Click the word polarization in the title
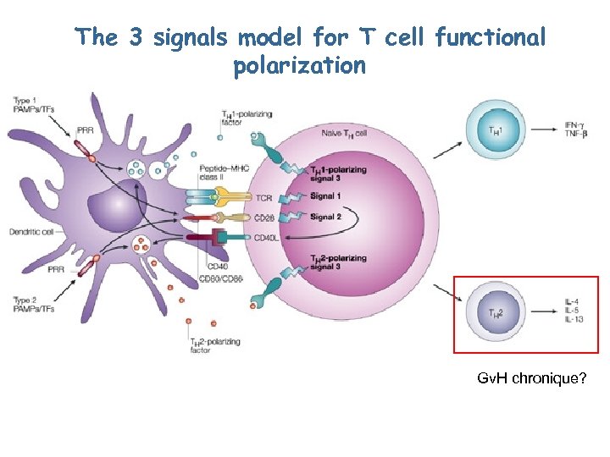click(x=299, y=66)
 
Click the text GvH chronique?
click(x=532, y=378)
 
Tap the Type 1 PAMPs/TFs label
click(x=32, y=107)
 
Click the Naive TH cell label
click(x=343, y=134)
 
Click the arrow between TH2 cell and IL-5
click(x=537, y=311)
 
